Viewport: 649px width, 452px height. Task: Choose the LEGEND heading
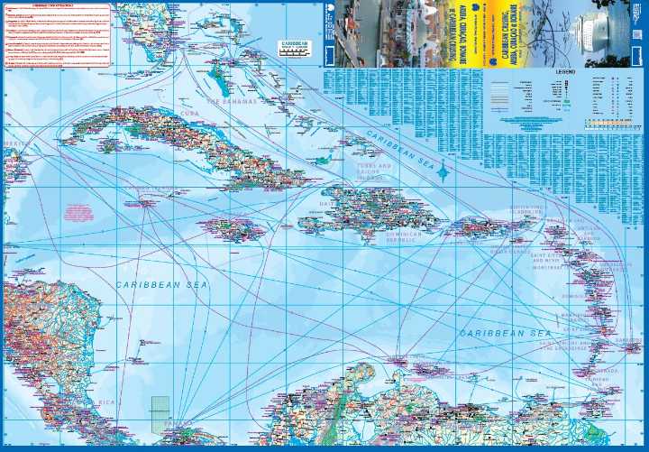[x=565, y=69]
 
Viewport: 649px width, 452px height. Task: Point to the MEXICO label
[x=16, y=143]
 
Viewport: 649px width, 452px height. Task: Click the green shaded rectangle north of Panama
[x=160, y=407]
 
